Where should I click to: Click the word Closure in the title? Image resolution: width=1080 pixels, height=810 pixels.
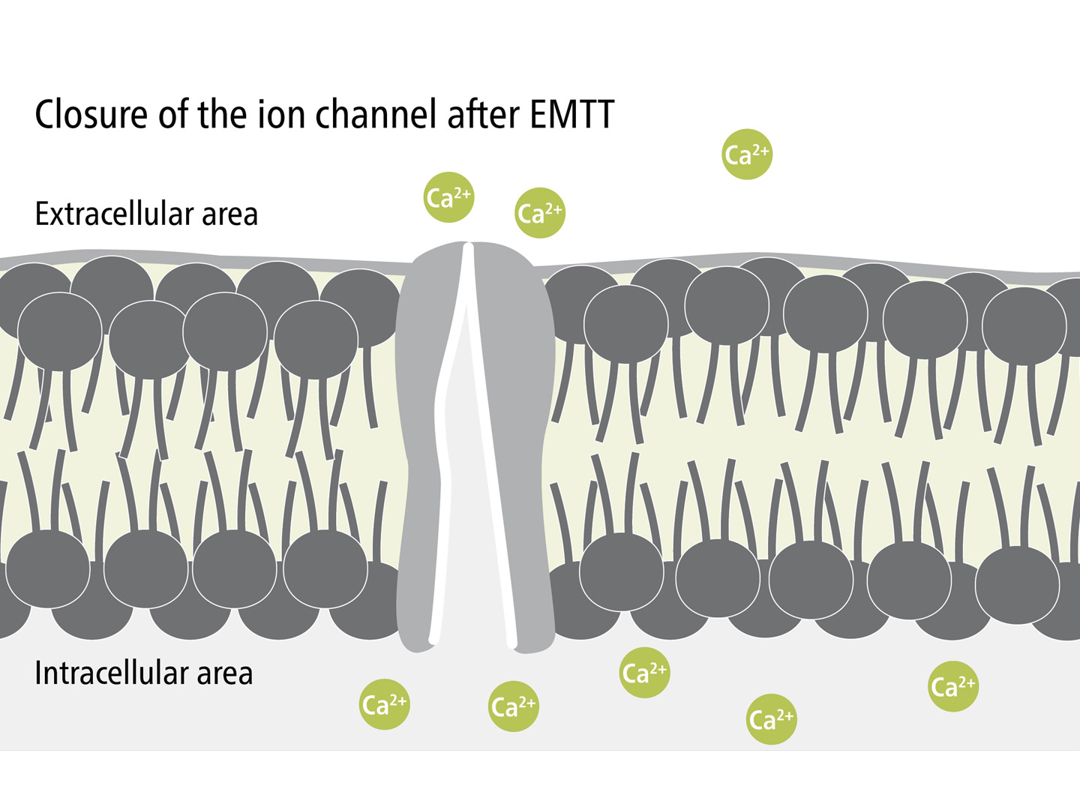click(x=91, y=115)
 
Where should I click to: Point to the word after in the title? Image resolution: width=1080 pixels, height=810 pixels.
click(x=483, y=115)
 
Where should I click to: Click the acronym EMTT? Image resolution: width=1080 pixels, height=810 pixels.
click(x=571, y=115)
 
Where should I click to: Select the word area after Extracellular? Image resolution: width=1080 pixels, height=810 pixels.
click(x=229, y=215)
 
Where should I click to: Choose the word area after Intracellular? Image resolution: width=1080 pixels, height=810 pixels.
click(x=224, y=674)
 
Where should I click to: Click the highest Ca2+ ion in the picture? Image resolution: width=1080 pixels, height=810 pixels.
click(x=747, y=154)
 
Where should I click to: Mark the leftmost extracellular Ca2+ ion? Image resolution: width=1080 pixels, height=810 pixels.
click(x=448, y=198)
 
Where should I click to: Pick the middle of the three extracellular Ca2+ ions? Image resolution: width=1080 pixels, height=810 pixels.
click(x=540, y=213)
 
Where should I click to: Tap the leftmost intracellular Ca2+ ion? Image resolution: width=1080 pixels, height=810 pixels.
click(x=384, y=704)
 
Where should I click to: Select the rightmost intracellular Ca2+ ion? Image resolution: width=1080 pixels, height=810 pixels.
click(x=953, y=686)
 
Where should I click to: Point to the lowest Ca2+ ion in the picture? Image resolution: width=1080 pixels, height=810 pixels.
click(x=772, y=719)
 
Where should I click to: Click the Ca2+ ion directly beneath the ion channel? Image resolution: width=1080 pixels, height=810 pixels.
click(x=514, y=706)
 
